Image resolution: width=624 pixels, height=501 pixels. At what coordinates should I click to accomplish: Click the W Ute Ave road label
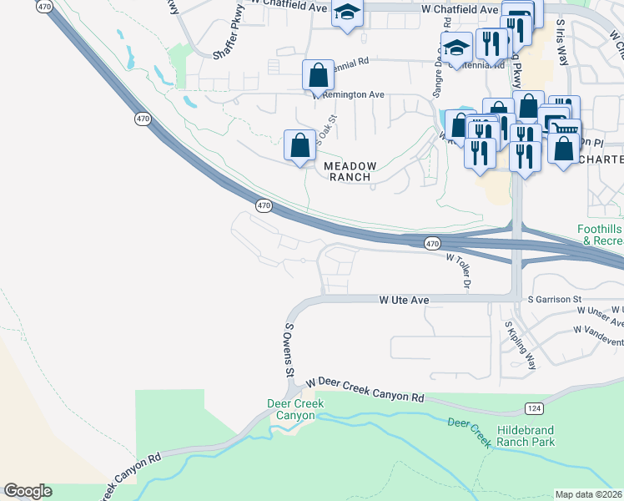tap(404, 299)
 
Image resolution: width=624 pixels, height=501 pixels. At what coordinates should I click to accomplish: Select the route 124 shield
tap(534, 407)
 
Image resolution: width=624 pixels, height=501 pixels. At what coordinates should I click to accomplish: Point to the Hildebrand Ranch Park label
tap(536, 435)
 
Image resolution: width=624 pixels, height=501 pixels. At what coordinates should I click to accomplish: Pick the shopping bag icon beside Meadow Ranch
tap(300, 145)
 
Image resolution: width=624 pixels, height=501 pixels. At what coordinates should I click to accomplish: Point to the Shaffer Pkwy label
tap(231, 41)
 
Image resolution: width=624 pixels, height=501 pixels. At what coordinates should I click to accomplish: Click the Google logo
tap(28, 491)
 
